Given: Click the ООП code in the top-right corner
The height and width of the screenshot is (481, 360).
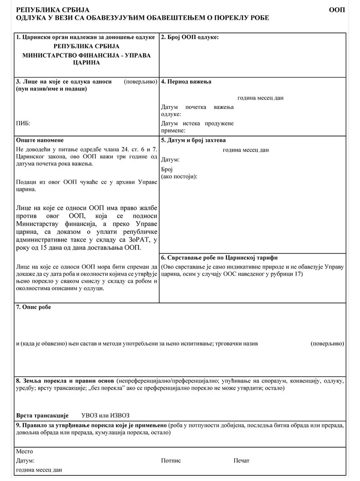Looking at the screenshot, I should point(337,10).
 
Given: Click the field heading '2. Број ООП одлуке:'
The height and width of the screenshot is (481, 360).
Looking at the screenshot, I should point(190,37).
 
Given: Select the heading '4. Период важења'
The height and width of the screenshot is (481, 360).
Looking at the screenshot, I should point(186,82).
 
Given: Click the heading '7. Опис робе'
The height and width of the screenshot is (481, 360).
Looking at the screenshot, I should point(33,307).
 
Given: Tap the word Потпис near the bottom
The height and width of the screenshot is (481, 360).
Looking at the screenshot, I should point(171,461).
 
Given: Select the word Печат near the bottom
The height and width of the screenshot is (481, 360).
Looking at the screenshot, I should point(241,461).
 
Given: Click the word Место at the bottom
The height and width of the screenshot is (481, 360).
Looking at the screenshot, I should point(24,451).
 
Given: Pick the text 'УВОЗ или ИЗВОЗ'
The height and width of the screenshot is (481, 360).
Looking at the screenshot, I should point(105,415).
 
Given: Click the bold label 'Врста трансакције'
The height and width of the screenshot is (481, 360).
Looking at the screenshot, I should point(42,415).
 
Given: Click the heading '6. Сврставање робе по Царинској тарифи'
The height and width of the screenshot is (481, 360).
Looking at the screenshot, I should point(219,258).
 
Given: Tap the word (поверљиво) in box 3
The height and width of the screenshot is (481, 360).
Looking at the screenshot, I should point(141,82).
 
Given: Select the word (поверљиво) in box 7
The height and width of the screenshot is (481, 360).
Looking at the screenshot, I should point(327,344).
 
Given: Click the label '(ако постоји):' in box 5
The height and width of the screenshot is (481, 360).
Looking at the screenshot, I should point(179,176).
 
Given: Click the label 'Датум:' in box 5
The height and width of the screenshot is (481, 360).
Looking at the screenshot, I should point(170,160).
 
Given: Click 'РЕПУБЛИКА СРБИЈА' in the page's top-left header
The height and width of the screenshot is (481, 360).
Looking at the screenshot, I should point(47,10).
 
